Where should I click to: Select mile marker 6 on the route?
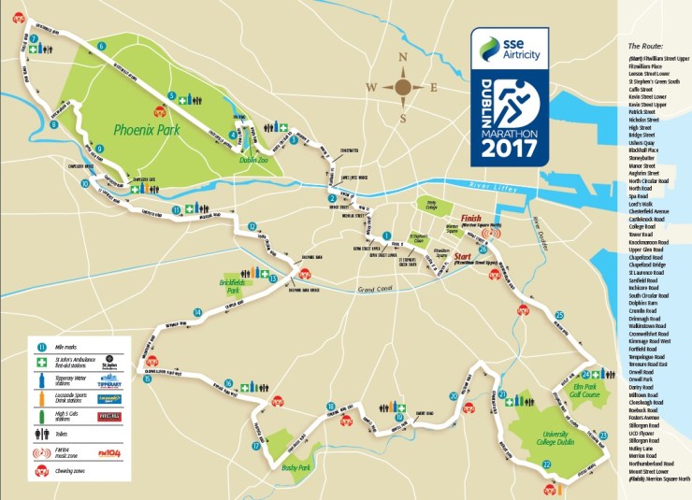coord(101,46)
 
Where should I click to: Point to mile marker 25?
coord(559,316)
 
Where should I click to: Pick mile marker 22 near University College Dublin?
coord(546,464)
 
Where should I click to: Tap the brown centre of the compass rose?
coord(402,89)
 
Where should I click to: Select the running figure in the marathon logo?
coord(513,99)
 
